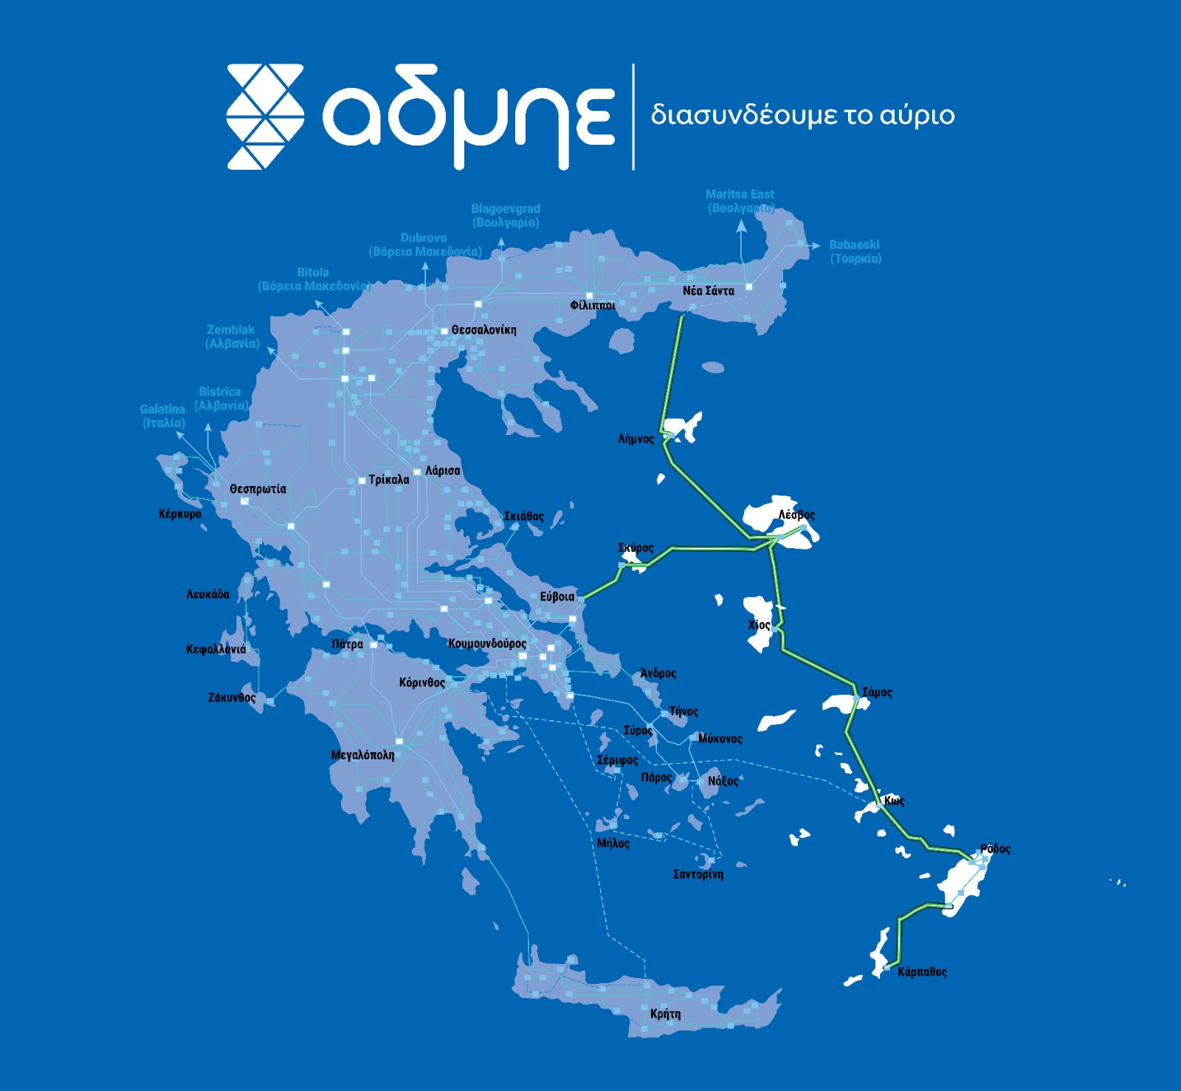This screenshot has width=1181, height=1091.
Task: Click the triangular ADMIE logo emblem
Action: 265,117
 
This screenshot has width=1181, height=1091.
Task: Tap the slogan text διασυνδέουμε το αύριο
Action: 802,115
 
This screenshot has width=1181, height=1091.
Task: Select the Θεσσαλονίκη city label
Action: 483,329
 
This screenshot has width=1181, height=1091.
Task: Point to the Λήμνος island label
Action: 636,439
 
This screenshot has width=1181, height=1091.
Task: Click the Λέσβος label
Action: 796,514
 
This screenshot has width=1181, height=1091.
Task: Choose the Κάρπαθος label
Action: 922,971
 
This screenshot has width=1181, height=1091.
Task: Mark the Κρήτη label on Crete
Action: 665,1013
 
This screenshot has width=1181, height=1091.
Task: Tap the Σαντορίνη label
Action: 698,874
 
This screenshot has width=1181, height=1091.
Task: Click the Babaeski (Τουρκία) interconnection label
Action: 855,251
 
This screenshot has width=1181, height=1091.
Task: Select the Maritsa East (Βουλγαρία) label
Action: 740,201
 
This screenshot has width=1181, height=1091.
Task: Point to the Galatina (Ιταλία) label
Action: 162,416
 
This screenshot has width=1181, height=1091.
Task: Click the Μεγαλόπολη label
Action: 362,755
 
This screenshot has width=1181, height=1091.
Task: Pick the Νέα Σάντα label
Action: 708,290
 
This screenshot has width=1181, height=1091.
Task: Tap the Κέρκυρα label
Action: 179,513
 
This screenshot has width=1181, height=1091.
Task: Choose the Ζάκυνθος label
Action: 232,697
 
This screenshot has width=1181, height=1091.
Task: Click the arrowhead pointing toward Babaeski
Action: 814,245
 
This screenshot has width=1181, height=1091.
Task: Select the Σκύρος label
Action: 636,547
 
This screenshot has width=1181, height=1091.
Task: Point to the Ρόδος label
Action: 995,848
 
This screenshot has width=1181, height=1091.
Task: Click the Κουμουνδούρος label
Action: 487,643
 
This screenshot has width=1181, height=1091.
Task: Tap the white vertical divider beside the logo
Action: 633,117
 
